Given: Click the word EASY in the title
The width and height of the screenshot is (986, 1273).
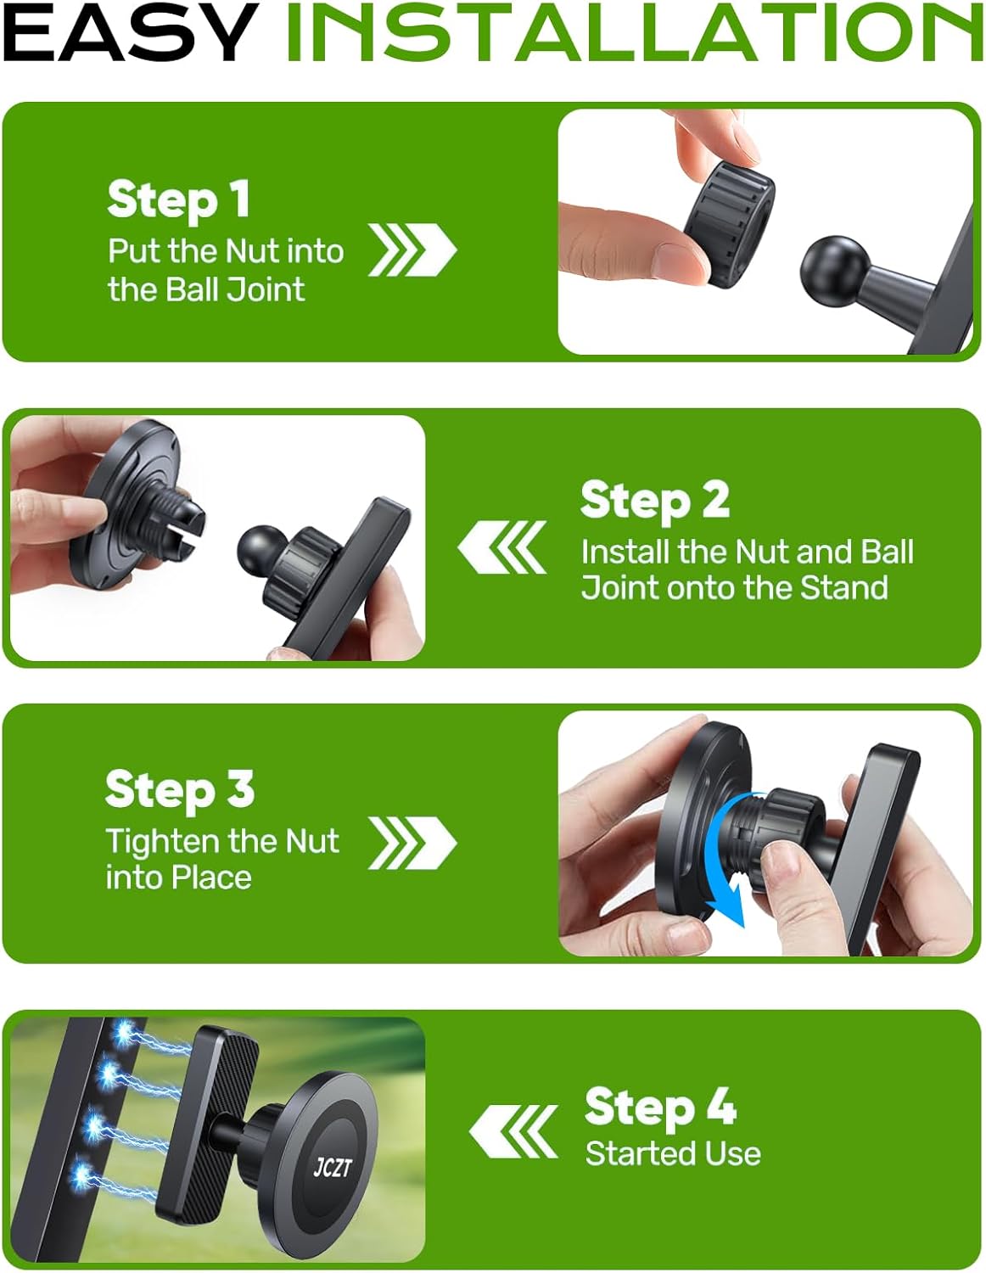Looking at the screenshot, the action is (130, 32).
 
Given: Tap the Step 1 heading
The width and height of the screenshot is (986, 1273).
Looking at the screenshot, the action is (179, 199).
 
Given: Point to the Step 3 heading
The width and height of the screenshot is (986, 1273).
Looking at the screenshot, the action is (180, 790).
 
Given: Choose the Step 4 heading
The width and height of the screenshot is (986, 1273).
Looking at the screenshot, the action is (660, 1107).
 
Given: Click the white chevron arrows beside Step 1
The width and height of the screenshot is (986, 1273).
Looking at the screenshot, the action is (412, 250).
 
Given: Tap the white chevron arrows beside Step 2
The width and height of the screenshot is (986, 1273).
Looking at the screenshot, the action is (501, 547).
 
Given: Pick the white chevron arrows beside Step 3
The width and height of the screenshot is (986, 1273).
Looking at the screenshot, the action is (412, 843).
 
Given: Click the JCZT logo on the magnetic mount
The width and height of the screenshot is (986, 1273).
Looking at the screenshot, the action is (333, 1167).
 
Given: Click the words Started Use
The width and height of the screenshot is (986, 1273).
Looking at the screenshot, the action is (673, 1153).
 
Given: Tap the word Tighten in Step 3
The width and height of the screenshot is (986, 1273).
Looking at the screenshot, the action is (163, 843).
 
